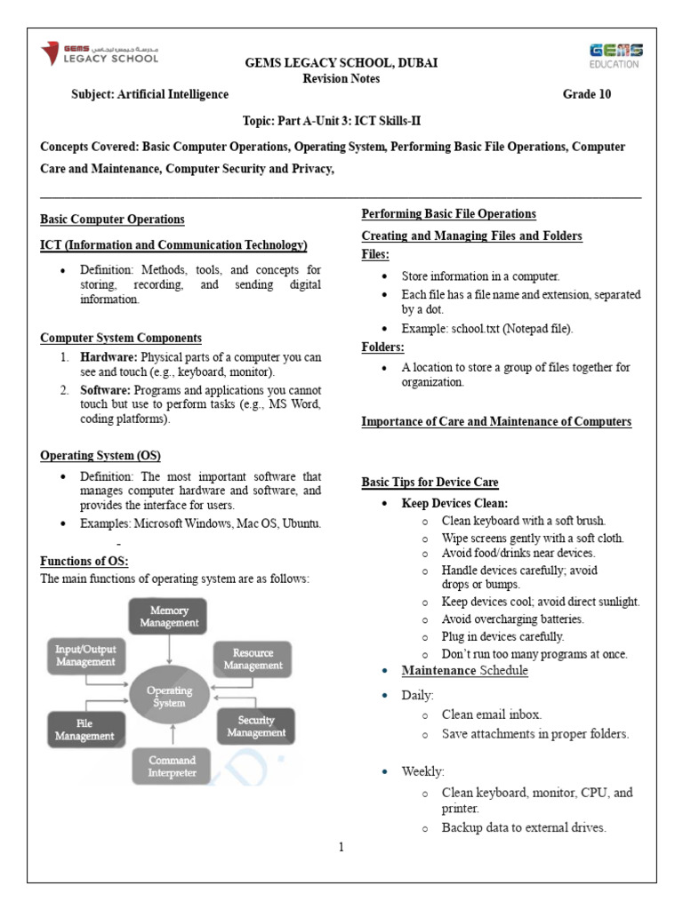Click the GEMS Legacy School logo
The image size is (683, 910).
tap(100, 53)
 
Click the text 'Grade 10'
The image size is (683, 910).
tap(587, 94)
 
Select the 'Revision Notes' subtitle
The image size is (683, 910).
tap(341, 78)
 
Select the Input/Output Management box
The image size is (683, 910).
tap(85, 655)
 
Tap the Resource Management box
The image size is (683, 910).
tap(253, 659)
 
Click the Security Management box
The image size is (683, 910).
tap(256, 726)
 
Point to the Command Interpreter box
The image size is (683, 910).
tap(173, 766)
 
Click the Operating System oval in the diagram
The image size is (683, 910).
tap(169, 696)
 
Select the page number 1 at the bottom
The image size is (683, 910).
tap(341, 847)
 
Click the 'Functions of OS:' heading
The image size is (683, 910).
tap(84, 561)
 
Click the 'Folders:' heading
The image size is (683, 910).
tap(383, 347)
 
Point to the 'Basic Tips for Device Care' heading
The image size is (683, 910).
tap(430, 482)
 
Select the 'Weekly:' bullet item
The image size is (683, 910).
tap(423, 770)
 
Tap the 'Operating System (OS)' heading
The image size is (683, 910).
tap(100, 456)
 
